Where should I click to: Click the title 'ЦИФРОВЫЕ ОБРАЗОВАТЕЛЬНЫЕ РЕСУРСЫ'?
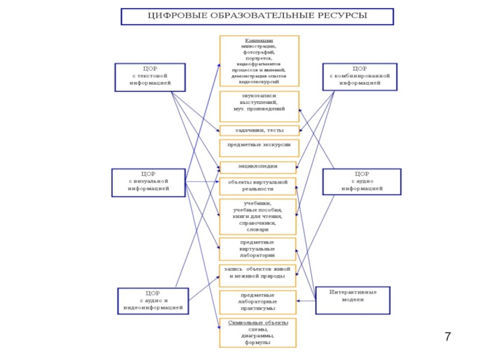click(x=257, y=16)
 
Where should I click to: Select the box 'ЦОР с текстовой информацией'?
click(x=150, y=76)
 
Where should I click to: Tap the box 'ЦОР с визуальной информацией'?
click(x=148, y=182)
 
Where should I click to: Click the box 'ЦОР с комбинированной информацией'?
click(x=359, y=76)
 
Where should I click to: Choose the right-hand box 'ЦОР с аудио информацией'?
click(x=362, y=182)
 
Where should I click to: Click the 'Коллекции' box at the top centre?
click(x=259, y=61)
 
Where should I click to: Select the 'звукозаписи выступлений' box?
click(x=259, y=104)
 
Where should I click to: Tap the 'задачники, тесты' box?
click(x=259, y=130)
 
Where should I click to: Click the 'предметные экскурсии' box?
click(x=259, y=146)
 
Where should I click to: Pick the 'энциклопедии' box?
click(x=259, y=167)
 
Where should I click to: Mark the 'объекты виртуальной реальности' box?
click(x=259, y=185)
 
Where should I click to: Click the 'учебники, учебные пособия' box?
click(x=259, y=216)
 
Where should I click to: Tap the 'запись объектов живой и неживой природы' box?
click(x=259, y=275)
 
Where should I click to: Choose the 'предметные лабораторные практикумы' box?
click(x=259, y=302)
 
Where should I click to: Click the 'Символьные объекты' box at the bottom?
click(x=259, y=332)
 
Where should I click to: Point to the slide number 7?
click(x=448, y=336)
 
